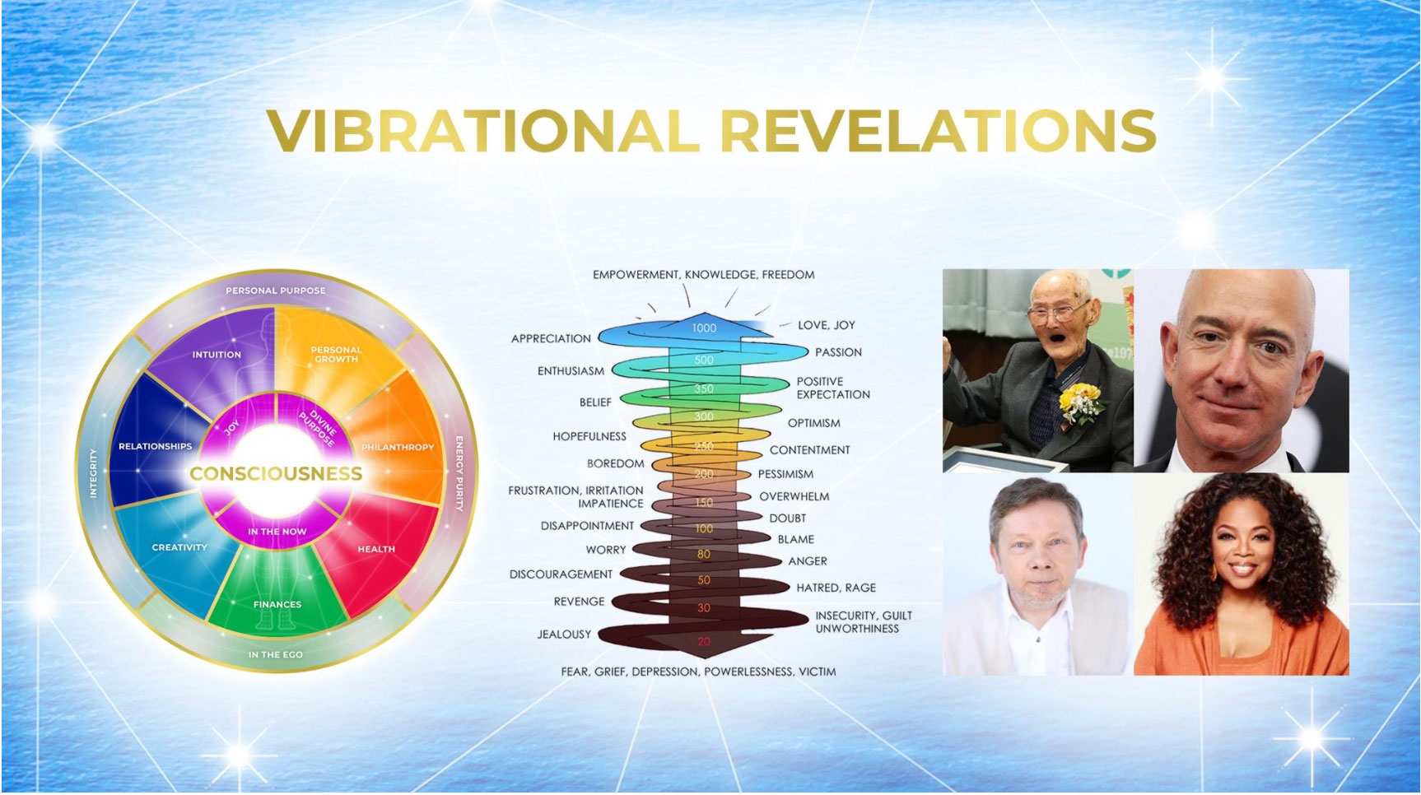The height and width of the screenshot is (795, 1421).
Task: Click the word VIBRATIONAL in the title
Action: point(483,130)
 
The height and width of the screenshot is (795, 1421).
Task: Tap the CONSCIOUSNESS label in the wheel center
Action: point(276,474)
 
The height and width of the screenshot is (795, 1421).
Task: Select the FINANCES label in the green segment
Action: point(277,604)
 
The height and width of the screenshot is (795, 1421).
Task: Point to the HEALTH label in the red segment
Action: point(376,549)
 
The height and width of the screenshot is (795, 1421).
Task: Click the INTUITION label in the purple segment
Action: point(217,355)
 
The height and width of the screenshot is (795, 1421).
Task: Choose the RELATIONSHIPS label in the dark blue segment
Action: point(155,446)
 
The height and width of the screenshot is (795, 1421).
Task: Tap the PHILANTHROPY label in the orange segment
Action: point(398,447)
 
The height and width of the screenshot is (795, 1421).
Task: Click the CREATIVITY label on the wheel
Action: point(179,547)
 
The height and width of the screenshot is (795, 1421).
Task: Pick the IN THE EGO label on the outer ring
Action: point(276,654)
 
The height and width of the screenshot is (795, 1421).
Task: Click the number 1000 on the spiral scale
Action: point(704,328)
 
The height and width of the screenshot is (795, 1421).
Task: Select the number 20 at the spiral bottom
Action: point(704,641)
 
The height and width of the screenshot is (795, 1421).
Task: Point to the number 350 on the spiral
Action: point(704,388)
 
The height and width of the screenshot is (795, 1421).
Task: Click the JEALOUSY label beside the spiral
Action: point(564,635)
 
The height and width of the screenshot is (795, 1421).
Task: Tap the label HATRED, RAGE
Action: point(836,588)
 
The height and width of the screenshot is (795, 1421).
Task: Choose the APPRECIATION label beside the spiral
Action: point(551,338)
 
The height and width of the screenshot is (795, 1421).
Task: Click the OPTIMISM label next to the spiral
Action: point(814,423)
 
